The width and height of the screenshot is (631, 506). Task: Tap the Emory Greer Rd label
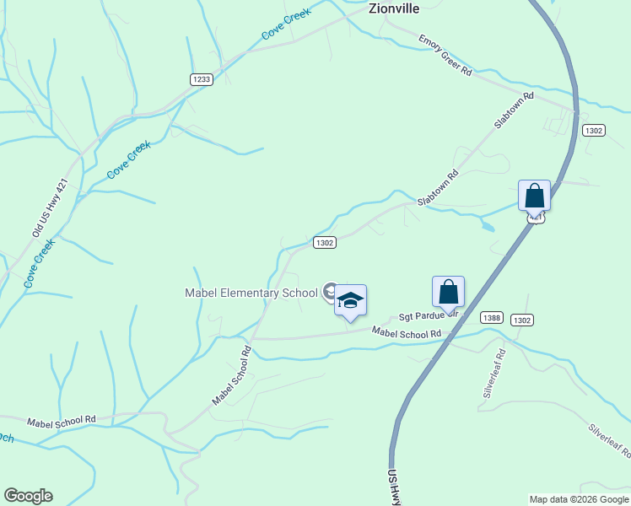pos(445,56)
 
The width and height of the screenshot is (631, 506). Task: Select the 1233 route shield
pos(201,79)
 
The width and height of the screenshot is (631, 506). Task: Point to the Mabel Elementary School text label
pos(251,293)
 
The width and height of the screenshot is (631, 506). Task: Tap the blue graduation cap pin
pos(350,300)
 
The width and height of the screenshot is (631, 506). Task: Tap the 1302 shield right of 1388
pos(522,320)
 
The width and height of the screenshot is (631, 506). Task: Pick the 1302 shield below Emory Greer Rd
pos(593,130)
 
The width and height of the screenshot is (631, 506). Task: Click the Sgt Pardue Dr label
pos(427,315)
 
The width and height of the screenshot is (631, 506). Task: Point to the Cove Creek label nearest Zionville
pos(286,23)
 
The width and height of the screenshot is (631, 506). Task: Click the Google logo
pos(28,496)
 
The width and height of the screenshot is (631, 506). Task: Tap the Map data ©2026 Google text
pos(578,499)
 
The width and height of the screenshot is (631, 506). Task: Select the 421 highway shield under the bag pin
pos(535,217)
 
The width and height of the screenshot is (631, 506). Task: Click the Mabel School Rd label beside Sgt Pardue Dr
pos(407,333)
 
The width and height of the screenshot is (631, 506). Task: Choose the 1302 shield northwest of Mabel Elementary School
pos(325,242)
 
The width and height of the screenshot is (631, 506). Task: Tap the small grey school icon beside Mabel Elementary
pos(330,292)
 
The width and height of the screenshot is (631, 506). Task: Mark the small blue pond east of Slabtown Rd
pos(486,225)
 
